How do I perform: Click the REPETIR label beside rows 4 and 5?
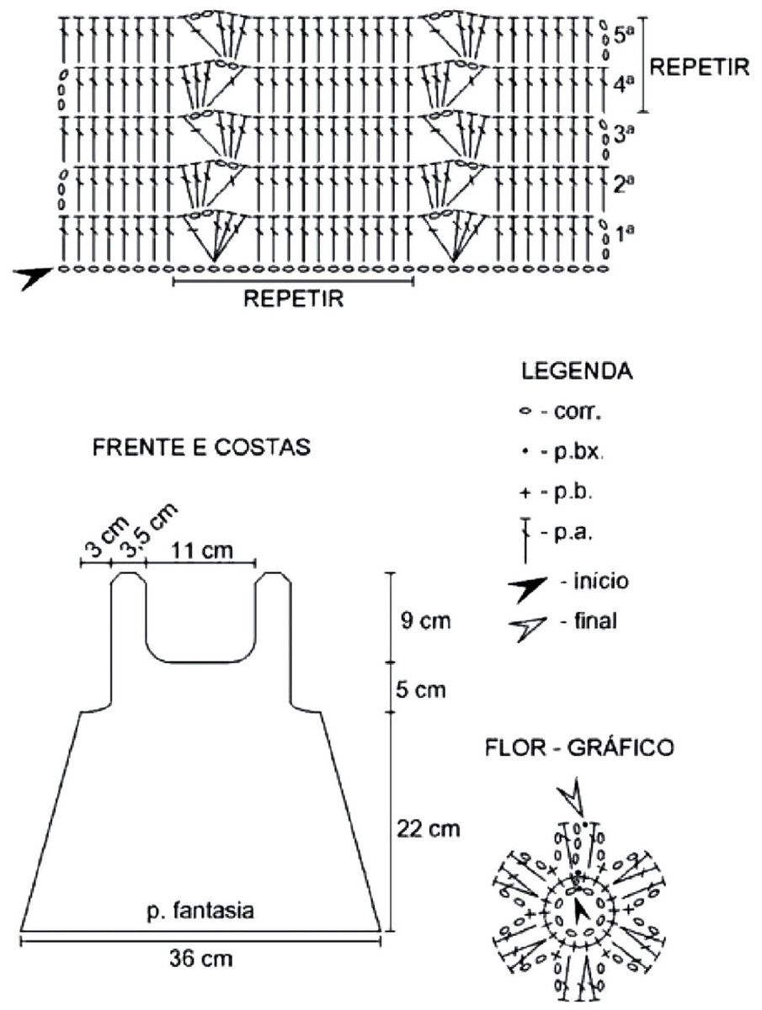[699, 67]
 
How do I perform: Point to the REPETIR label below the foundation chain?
[293, 298]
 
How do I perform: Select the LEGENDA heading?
[577, 371]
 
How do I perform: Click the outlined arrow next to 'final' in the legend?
[527, 628]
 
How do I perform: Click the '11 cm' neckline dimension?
[202, 550]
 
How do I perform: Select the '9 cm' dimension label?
[425, 620]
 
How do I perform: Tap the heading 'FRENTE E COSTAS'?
[201, 447]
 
